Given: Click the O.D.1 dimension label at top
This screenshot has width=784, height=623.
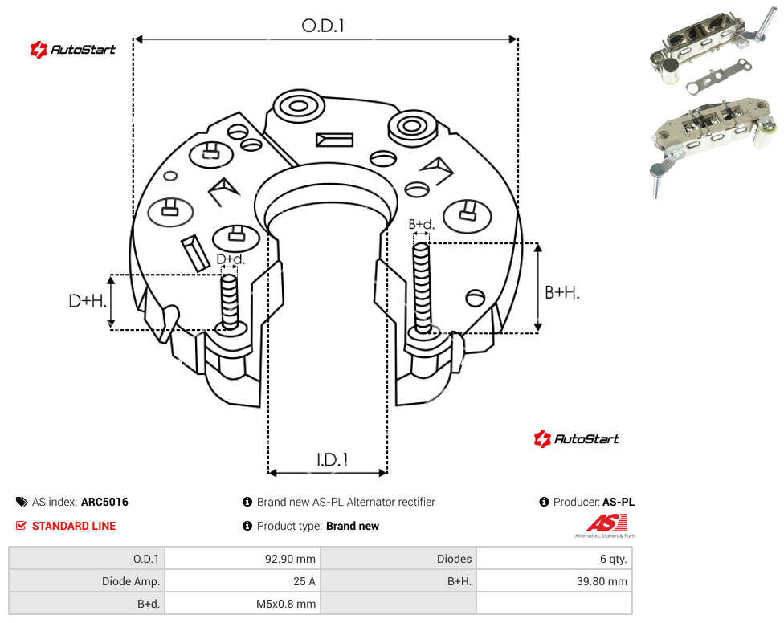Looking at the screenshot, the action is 323,26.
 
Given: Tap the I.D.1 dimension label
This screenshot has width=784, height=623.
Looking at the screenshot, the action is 333,460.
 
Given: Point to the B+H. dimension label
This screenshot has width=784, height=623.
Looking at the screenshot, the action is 562,292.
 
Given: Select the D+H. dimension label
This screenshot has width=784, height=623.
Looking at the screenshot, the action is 88,301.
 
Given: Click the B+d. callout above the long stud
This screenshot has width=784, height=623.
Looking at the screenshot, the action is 422,224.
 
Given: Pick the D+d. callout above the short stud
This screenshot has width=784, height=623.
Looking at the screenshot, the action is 231,259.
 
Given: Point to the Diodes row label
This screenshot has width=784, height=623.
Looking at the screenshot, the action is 454,559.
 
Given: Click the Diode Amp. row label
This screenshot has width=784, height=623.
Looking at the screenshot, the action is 131,581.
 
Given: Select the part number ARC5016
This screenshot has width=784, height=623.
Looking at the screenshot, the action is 104,502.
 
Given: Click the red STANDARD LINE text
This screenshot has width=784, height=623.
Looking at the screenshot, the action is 74,526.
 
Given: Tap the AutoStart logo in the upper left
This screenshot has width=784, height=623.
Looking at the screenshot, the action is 72,50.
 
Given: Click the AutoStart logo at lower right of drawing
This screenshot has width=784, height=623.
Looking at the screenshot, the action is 576,438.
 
